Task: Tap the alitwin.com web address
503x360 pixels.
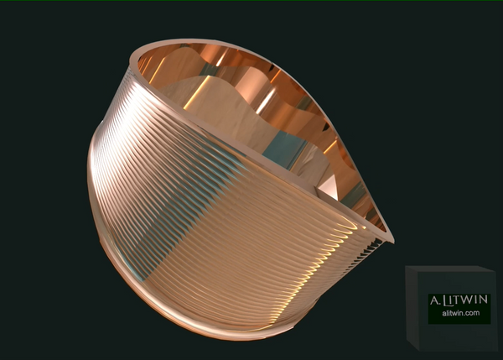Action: [459, 314]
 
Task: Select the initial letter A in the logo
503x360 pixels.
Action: [433, 300]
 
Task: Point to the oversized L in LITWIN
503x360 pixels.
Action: [446, 300]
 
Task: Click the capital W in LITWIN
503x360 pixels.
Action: [468, 300]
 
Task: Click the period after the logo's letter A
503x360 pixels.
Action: [439, 304]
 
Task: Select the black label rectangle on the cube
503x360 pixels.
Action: [459, 306]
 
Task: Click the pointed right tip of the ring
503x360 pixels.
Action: [390, 237]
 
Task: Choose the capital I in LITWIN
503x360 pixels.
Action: [453, 300]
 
